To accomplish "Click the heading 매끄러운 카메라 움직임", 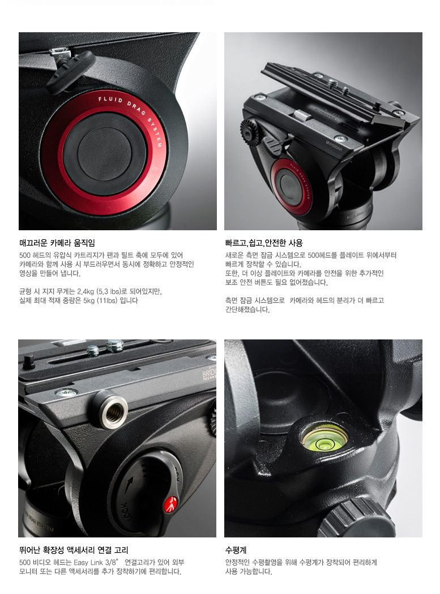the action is (57, 243).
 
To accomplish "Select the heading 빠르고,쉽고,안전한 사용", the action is (264, 243).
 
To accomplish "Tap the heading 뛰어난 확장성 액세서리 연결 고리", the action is (74, 550).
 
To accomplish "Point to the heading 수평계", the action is (236, 550).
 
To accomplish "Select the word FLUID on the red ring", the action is (110, 100).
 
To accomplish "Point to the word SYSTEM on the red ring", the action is (156, 131).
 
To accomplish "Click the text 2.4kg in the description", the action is (86, 291).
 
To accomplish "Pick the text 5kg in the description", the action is (89, 300).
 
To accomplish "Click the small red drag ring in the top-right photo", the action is (291, 187).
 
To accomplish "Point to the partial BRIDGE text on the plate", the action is (209, 375).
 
